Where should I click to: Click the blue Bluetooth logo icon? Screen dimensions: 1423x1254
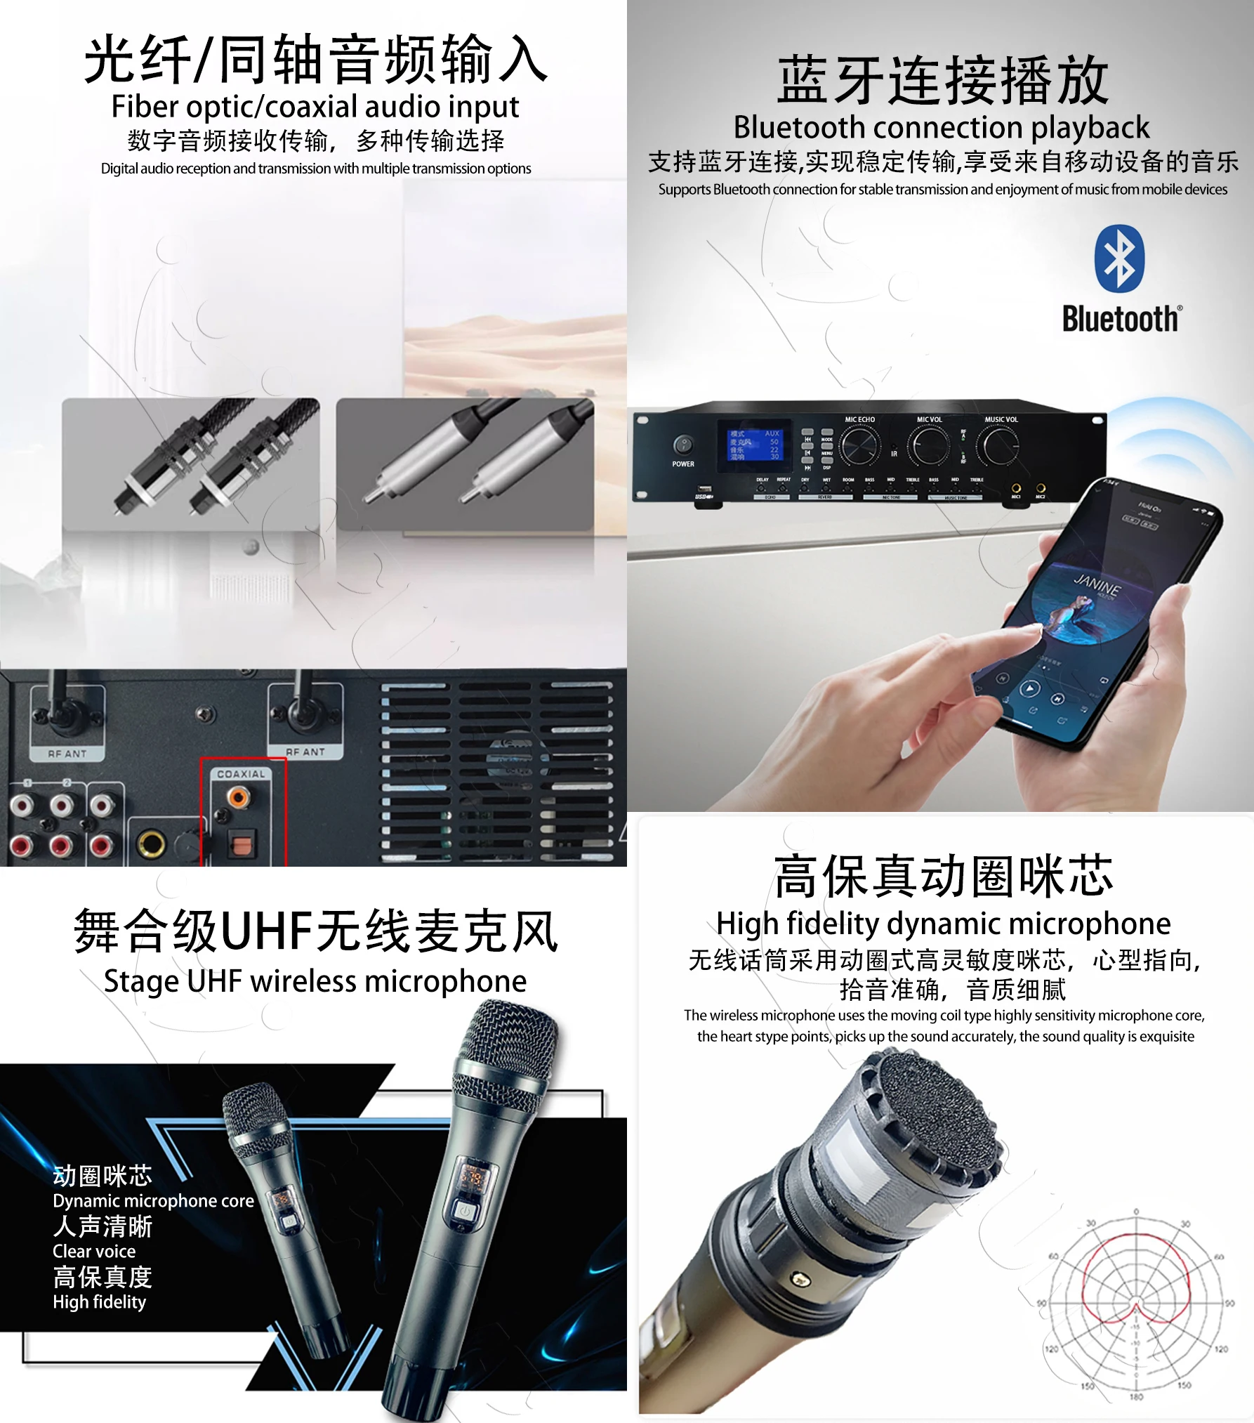click(1119, 258)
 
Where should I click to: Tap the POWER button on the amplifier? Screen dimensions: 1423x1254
click(682, 445)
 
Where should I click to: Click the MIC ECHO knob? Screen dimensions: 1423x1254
click(859, 445)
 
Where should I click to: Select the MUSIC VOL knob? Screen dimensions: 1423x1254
click(1001, 445)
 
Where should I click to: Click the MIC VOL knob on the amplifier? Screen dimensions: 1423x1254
click(930, 445)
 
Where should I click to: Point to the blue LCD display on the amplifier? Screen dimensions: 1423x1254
click(754, 445)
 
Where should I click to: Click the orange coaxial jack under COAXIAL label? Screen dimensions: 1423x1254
click(238, 797)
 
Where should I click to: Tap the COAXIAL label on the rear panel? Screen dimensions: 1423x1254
click(241, 774)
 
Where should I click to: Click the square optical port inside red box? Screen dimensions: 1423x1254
click(240, 844)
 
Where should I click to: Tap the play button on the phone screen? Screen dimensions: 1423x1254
click(1029, 689)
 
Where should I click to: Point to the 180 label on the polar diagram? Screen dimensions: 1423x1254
click(1136, 1396)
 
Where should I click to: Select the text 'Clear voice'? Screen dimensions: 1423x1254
click(94, 1251)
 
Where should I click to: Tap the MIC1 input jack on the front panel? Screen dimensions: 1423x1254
click(1015, 488)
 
